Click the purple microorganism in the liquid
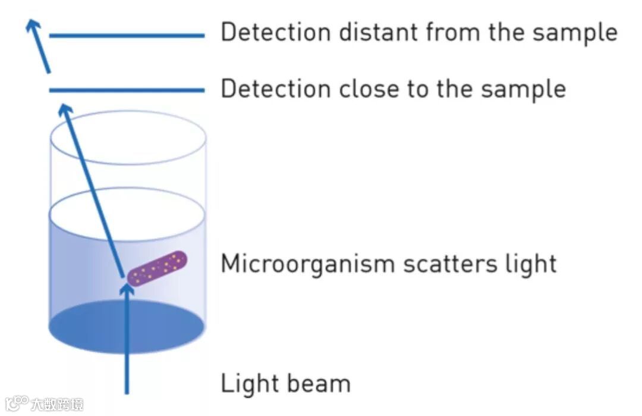[x=158, y=268]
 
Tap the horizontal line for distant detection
[x=127, y=36]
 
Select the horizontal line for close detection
[x=127, y=90]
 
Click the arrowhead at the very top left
[x=32, y=24]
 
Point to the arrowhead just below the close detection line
[x=66, y=109]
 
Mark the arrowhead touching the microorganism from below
[x=127, y=289]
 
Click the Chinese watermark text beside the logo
[x=57, y=404]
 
